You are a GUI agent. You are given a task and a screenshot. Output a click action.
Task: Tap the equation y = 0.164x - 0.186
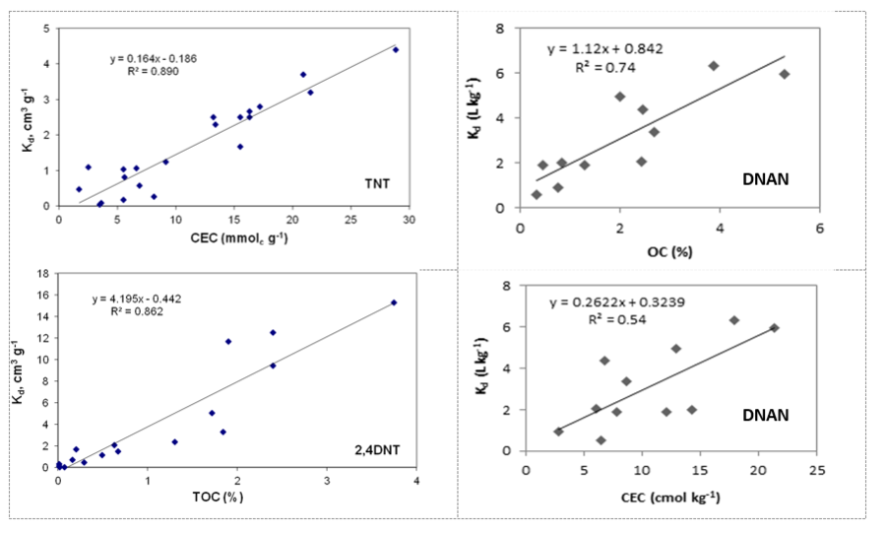click(x=153, y=59)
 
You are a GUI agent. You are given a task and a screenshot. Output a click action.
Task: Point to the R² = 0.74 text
click(x=605, y=67)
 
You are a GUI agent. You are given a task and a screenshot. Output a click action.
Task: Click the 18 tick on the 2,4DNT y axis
click(x=42, y=273)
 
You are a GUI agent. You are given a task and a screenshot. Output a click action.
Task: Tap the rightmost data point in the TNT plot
click(x=396, y=49)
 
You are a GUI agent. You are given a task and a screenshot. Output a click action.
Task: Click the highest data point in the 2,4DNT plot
click(x=394, y=302)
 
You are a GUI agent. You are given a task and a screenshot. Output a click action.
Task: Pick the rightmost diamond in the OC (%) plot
click(x=785, y=74)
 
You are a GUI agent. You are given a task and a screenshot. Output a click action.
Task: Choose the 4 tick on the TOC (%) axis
click(x=416, y=480)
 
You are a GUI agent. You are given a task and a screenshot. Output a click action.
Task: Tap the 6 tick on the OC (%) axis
click(x=820, y=223)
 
